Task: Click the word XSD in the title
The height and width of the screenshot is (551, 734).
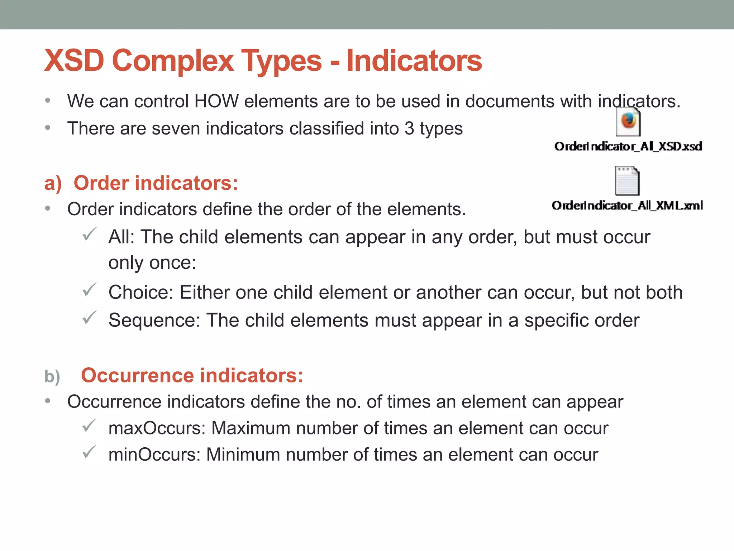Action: click(74, 61)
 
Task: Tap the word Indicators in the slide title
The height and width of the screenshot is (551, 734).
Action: click(414, 61)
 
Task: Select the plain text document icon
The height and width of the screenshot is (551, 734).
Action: click(627, 181)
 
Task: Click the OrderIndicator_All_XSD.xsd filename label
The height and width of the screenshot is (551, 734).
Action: click(628, 146)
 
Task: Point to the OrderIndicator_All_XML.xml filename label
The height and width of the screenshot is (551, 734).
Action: click(627, 206)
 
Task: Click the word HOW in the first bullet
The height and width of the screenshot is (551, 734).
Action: click(216, 101)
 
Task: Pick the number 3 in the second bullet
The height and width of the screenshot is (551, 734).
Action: click(409, 128)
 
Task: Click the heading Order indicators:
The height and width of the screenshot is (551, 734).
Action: click(156, 183)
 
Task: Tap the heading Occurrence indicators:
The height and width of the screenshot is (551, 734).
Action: click(192, 375)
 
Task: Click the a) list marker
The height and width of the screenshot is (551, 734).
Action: click(53, 183)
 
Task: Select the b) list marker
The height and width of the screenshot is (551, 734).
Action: click(52, 377)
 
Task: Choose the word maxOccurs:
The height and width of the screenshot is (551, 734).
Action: click(157, 428)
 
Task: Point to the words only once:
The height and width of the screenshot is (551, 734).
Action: click(152, 263)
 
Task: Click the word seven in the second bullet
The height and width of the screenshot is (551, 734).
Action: click(176, 128)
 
